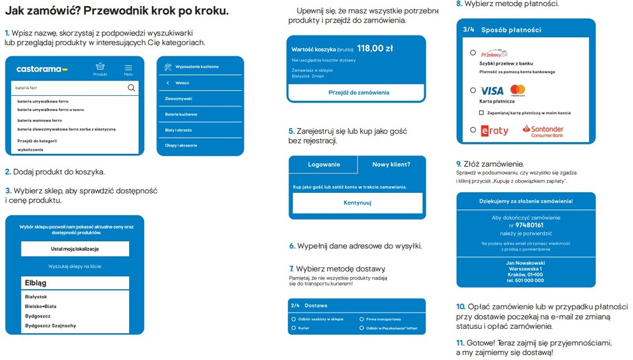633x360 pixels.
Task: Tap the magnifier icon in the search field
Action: tap(131, 88)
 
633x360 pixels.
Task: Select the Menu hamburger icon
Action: tap(128, 68)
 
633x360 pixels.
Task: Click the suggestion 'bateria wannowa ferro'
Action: tap(40, 120)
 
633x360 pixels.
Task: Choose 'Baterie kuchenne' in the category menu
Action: tap(181, 114)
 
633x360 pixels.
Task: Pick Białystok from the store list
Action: tap(36, 297)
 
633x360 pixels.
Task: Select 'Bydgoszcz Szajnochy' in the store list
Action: tap(51, 326)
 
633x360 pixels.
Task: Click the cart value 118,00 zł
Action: tap(375, 48)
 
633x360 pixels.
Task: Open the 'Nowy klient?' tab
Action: tap(391, 164)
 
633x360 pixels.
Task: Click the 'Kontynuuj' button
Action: tap(357, 203)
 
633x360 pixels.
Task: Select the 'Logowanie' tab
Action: tap(324, 164)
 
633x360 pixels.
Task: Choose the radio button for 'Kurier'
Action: tap(294, 328)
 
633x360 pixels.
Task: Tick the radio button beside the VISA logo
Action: tap(473, 90)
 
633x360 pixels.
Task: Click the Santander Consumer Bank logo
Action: tap(543, 131)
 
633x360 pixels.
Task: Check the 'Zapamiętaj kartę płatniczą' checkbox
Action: tap(481, 113)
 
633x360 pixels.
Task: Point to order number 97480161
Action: tap(529, 225)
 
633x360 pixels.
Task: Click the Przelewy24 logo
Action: tap(494, 54)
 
